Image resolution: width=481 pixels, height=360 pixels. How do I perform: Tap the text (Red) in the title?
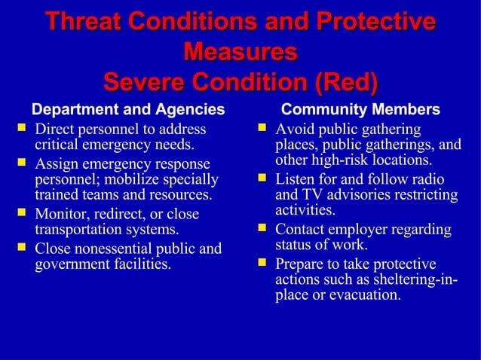point(345,80)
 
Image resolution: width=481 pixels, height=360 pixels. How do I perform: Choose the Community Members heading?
point(360,111)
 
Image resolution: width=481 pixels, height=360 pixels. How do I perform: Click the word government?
point(70,264)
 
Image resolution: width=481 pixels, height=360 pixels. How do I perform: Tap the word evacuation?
point(360,295)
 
